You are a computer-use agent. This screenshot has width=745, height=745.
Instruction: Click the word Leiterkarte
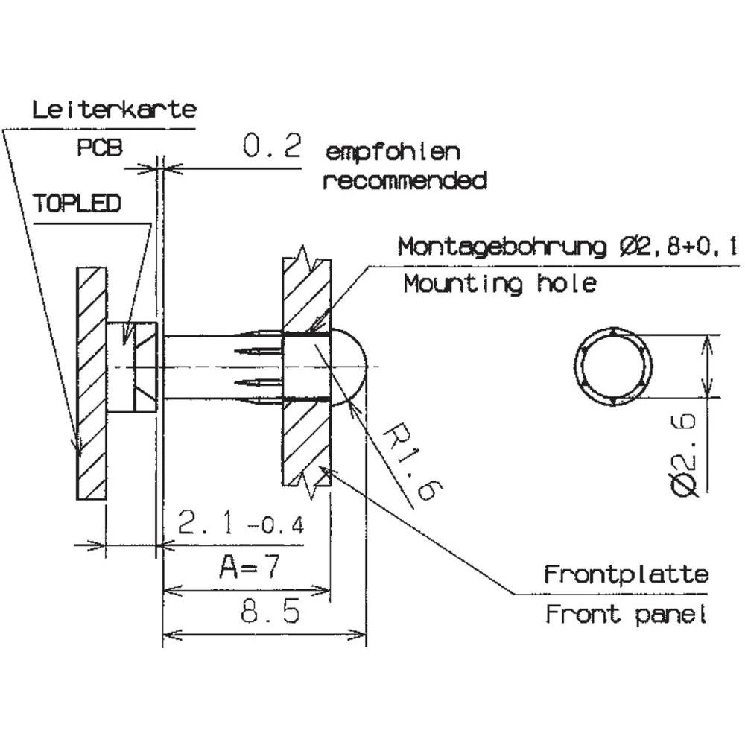[x=114, y=110]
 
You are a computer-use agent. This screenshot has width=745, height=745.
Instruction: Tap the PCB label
[x=98, y=148]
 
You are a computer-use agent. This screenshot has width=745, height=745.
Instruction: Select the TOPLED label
[x=77, y=203]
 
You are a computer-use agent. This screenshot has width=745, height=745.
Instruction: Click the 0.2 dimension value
[x=272, y=146]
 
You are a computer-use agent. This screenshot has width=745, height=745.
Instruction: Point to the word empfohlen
[x=393, y=153]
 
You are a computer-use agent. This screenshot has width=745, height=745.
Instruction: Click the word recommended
[x=405, y=180]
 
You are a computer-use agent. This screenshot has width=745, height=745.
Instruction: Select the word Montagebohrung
[x=503, y=247]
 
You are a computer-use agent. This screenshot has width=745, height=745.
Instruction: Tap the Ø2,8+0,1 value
[x=677, y=247]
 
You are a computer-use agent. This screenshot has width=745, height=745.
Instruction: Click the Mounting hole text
[x=499, y=283]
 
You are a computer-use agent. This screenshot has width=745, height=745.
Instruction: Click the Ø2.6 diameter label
[x=683, y=455]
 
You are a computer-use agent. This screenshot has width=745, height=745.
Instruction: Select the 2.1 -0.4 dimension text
[x=241, y=524]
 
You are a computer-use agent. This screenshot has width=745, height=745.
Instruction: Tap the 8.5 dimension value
[x=270, y=612]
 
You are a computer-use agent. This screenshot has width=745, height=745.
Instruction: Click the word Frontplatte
[x=626, y=575]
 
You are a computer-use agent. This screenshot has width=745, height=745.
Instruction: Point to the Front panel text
[x=625, y=615]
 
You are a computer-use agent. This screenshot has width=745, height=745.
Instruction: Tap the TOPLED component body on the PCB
[x=132, y=367]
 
